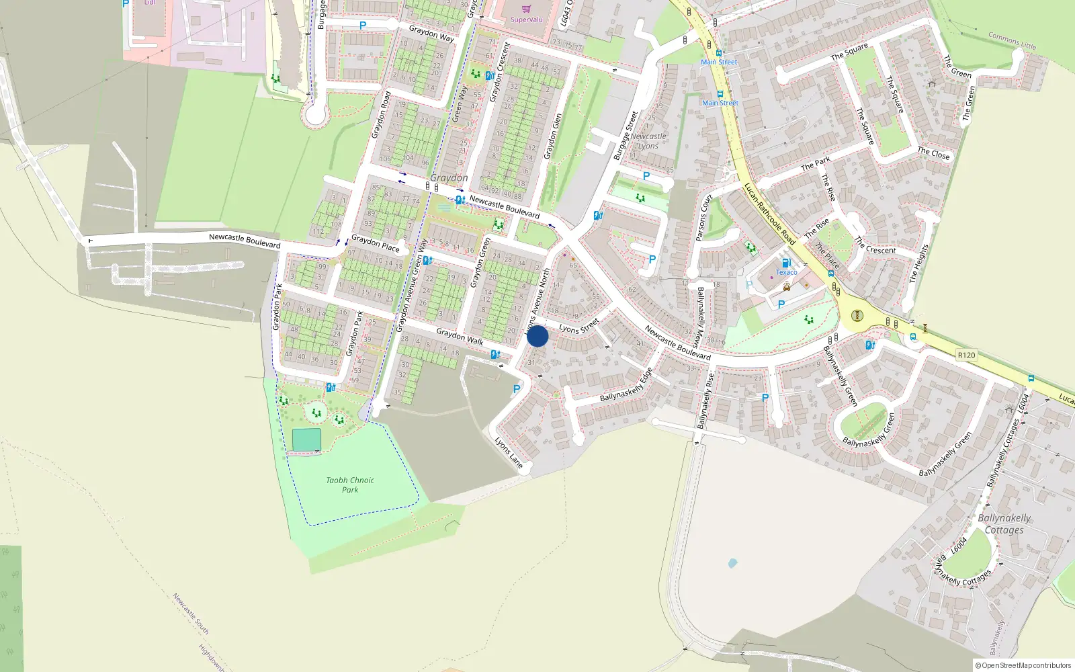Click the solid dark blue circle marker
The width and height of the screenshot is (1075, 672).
(537, 336)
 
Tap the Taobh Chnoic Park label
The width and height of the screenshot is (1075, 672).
(350, 485)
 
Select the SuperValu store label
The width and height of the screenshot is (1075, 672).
(526, 19)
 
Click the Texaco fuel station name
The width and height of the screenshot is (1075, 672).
(787, 272)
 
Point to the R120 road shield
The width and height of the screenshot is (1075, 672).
(966, 355)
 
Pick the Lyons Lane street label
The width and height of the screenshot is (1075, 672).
(509, 452)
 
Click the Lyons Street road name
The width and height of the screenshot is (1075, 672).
(578, 327)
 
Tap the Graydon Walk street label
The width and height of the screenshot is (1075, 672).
(460, 336)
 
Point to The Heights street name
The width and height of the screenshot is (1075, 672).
(918, 263)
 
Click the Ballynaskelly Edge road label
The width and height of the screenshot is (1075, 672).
(626, 386)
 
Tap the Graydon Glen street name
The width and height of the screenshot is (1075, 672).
(552, 136)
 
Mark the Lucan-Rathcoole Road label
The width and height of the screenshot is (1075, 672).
(770, 214)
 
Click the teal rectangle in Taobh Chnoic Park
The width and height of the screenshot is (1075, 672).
(306, 440)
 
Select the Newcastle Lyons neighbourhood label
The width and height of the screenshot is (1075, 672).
(648, 141)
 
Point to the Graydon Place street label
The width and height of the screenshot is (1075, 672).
(375, 243)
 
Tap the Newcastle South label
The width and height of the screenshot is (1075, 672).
(191, 614)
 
